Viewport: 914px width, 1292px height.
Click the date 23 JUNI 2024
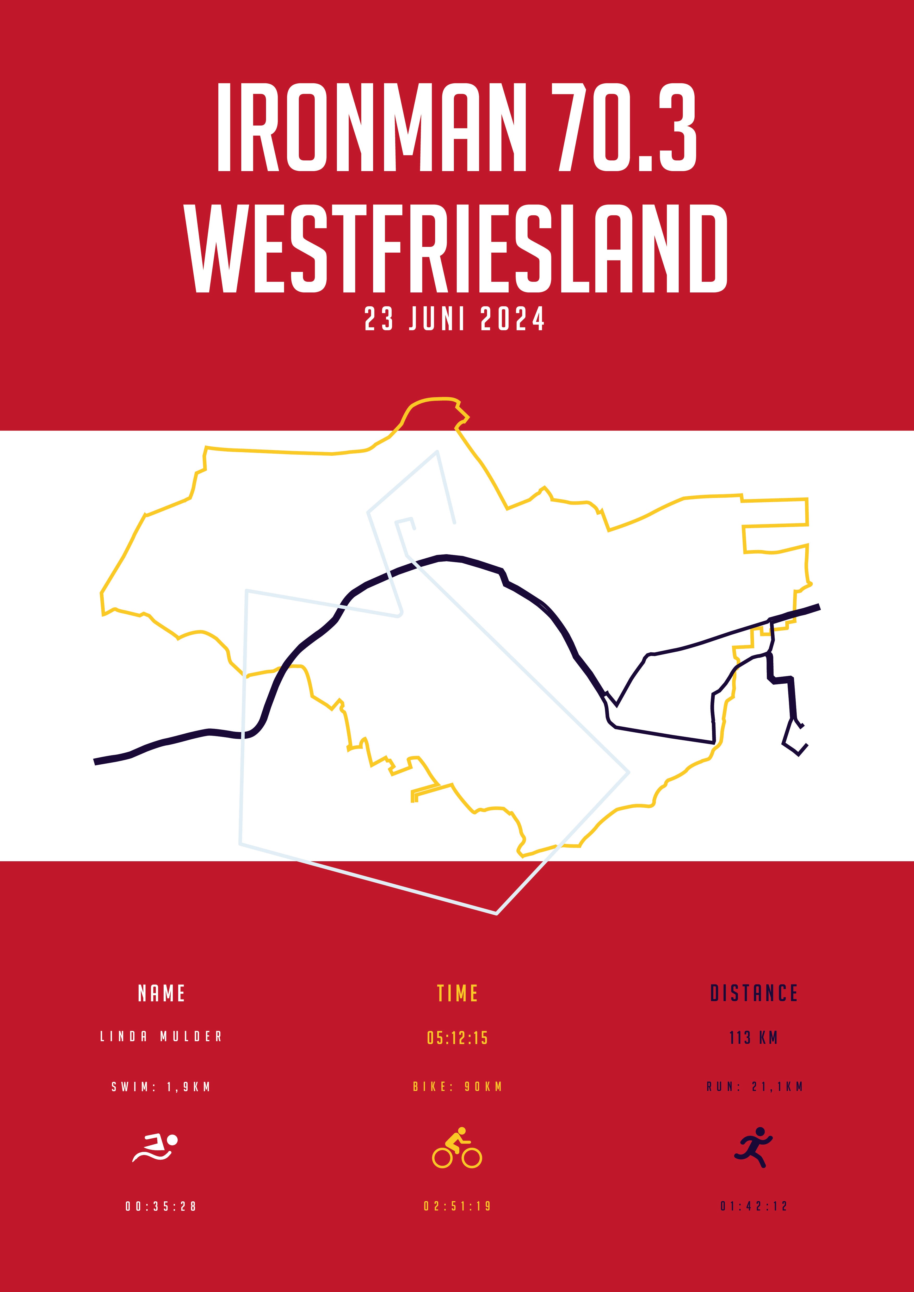pyautogui.click(x=455, y=319)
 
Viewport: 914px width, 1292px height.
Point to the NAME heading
pyautogui.click(x=162, y=994)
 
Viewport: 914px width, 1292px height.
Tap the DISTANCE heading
pyautogui.click(x=754, y=994)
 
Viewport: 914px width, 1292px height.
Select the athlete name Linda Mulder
pyautogui.click(x=162, y=1037)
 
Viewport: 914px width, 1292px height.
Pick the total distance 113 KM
pyautogui.click(x=754, y=1038)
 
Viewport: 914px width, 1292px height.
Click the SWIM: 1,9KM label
pyautogui.click(x=162, y=1087)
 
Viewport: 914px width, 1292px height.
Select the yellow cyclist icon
pyautogui.click(x=457, y=1148)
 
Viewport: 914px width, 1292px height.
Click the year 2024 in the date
pyautogui.click(x=513, y=319)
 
